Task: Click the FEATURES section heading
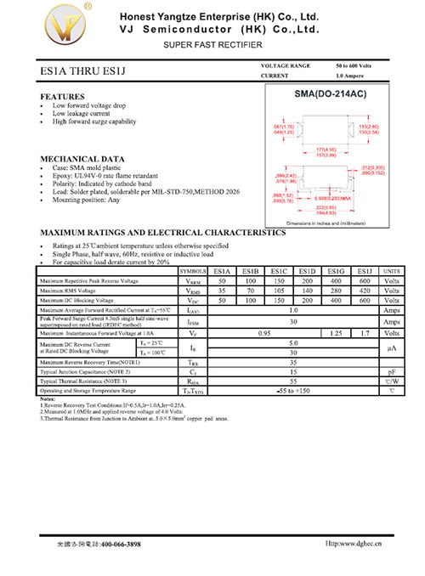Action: pyautogui.click(x=63, y=96)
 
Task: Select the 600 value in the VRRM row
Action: pyautogui.click(x=365, y=280)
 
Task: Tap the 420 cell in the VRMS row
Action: pyautogui.click(x=365, y=291)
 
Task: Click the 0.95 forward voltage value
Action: pyautogui.click(x=264, y=334)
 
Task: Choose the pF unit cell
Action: pyautogui.click(x=391, y=372)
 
